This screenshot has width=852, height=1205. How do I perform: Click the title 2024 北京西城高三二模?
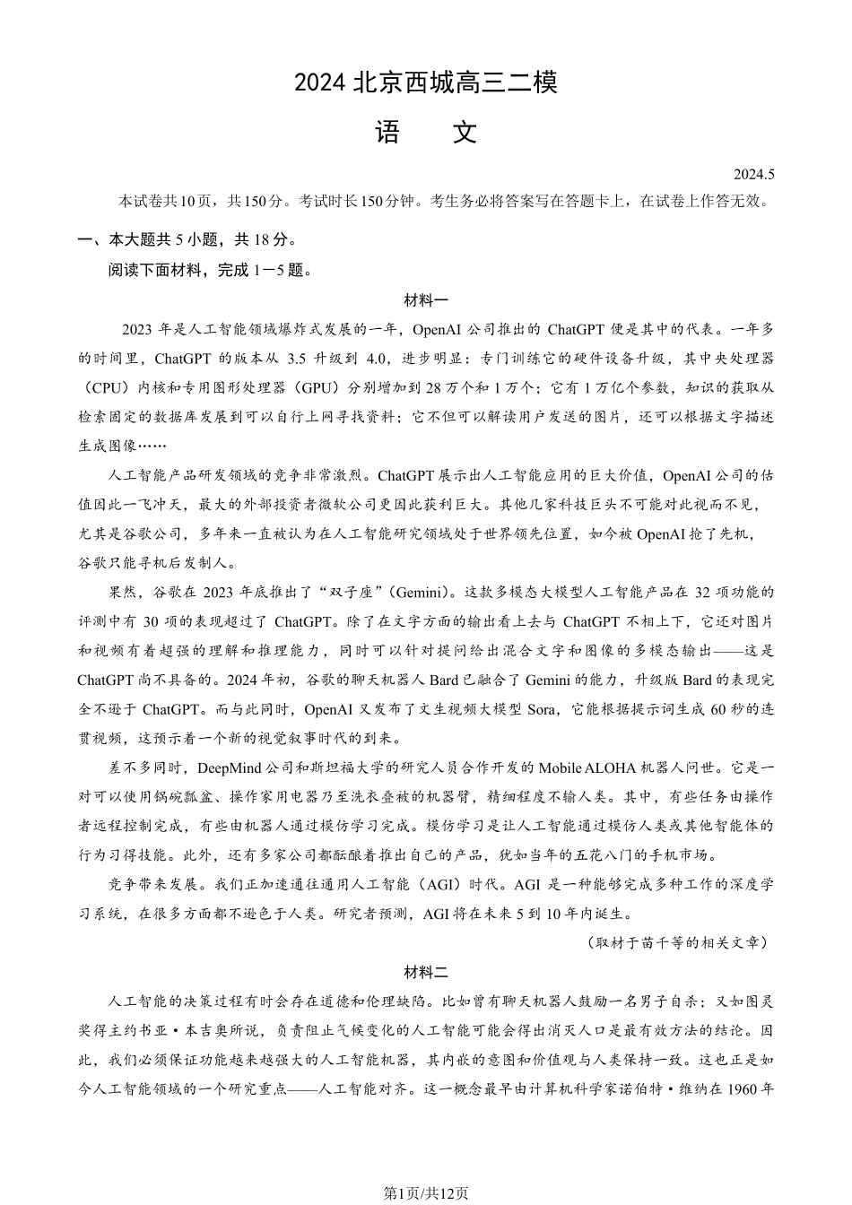pyautogui.click(x=426, y=83)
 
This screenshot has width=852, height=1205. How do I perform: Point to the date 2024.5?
pyautogui.click(x=752, y=175)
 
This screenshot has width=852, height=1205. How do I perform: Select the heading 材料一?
pyautogui.click(x=426, y=300)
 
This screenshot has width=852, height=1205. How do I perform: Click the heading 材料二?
pyautogui.click(x=426, y=972)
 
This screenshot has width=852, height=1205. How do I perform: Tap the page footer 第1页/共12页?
pyautogui.click(x=426, y=1192)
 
